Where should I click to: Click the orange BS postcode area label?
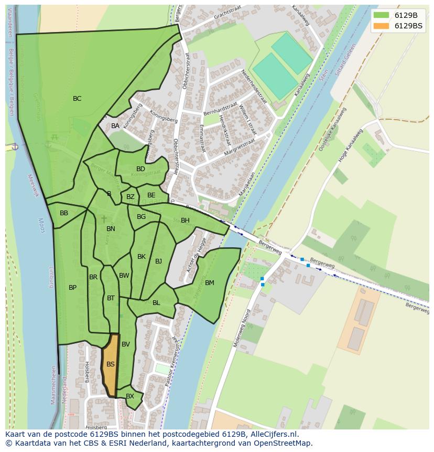click(x=111, y=364)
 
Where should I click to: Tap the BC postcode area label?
click(x=77, y=99)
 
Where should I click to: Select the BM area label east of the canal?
click(x=210, y=283)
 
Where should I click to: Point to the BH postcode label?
click(x=185, y=220)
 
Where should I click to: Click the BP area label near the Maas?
click(x=72, y=288)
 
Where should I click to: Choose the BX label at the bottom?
click(x=130, y=396)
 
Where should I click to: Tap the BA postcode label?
click(x=115, y=126)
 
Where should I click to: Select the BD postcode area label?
click(x=140, y=169)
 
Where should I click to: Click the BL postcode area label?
click(x=156, y=303)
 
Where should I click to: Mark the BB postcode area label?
click(x=64, y=213)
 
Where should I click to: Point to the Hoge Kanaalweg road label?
click(x=351, y=146)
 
